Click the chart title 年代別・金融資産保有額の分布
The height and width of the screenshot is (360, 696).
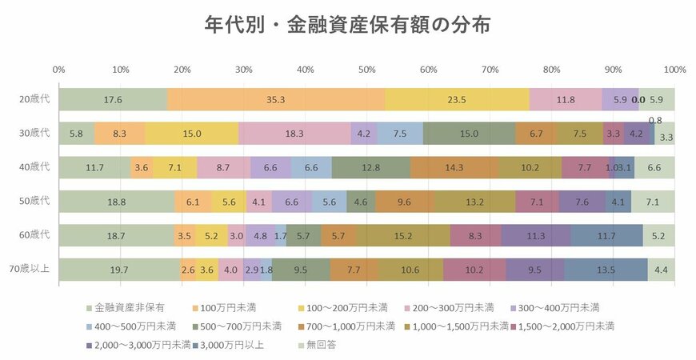pyautogui.click(x=346, y=26)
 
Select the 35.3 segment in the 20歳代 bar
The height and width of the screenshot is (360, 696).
pyautogui.click(x=276, y=100)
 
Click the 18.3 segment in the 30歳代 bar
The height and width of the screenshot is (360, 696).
pyautogui.click(x=294, y=134)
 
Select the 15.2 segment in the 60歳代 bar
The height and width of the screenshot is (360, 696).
pyautogui.click(x=403, y=236)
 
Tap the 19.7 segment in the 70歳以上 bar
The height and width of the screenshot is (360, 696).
pyautogui.click(x=119, y=270)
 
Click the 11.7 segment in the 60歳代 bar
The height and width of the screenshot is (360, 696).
pyautogui.click(x=606, y=236)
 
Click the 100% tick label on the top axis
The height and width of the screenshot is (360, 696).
pyautogui.click(x=674, y=70)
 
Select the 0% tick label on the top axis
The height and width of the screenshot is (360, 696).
pyautogui.click(x=58, y=70)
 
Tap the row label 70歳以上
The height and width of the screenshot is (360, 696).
pyautogui.click(x=32, y=270)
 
